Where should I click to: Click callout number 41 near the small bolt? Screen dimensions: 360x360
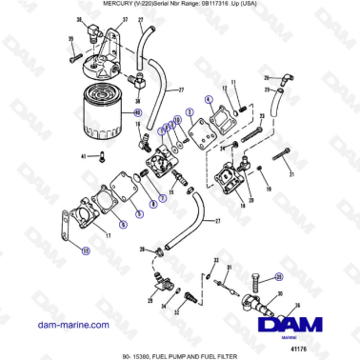tap(83, 155)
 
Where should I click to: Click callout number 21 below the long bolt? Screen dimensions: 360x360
tap(291, 175)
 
